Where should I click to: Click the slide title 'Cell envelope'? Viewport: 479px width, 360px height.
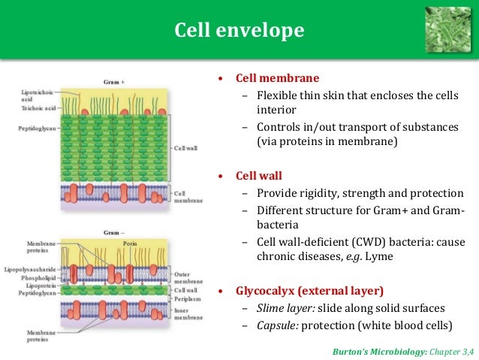tap(239, 30)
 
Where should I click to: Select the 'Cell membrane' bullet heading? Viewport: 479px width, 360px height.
tap(277, 78)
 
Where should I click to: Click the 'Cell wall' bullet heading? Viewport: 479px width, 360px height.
tap(259, 176)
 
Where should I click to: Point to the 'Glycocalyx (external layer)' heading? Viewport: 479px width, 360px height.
tap(310, 290)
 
